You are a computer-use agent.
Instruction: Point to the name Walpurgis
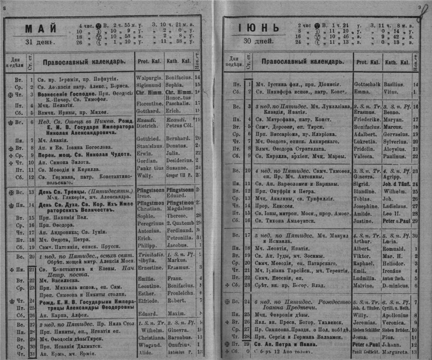pos(149,76)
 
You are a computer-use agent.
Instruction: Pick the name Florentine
pos(150,103)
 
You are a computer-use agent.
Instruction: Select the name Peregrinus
pos(151,225)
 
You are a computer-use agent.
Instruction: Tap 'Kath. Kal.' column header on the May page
pos(178,61)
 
